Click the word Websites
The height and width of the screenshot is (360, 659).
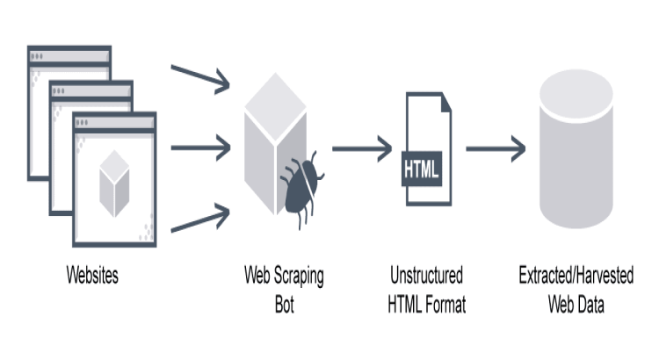point(92,276)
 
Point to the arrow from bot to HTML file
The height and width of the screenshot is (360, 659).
point(361,148)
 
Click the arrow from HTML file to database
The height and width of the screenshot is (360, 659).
point(495,148)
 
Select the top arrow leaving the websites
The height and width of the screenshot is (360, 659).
point(199,78)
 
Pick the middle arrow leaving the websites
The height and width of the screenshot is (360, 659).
point(199,147)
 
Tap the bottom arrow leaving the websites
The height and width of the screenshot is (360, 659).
point(199,219)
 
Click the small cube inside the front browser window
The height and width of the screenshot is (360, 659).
point(114,182)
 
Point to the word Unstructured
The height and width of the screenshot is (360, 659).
point(427,276)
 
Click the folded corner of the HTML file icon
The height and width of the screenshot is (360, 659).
point(445,101)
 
